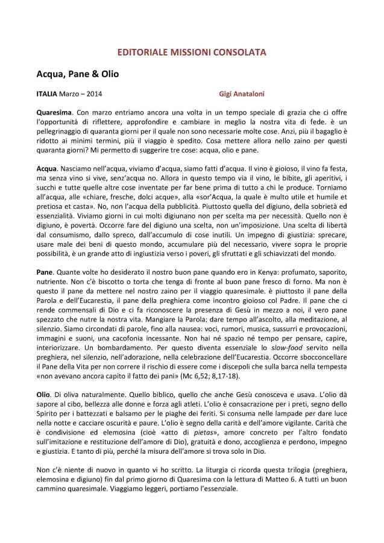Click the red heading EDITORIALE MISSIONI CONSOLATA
[x=192, y=53]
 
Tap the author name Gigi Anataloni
[x=241, y=94]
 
